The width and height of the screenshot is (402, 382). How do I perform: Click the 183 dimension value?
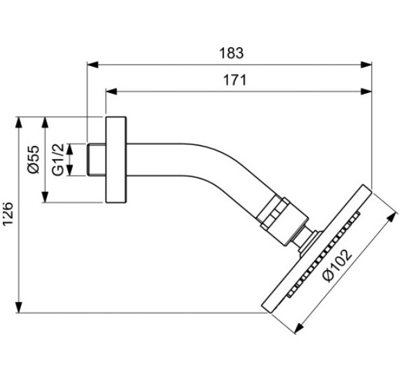click(231, 53)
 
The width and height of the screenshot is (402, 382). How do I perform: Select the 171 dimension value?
click(234, 80)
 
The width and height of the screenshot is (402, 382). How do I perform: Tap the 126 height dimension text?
click(8, 214)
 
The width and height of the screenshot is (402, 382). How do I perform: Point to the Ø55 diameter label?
click(33, 160)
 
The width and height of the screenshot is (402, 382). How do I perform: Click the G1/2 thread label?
click(58, 160)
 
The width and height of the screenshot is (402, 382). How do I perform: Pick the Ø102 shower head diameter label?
click(338, 265)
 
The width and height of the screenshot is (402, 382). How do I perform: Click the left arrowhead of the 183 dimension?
click(93, 65)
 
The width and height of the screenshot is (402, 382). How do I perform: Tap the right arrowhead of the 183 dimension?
click(366, 65)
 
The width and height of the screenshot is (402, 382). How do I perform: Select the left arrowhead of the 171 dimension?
click(112, 91)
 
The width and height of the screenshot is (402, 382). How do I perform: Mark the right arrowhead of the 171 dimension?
click(366, 91)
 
